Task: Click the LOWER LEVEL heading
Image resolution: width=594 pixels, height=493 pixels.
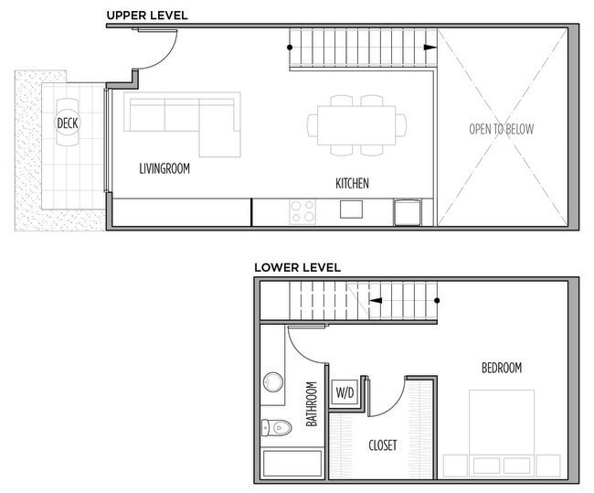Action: tap(297, 268)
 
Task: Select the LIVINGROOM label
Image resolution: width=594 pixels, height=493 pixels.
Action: tap(164, 169)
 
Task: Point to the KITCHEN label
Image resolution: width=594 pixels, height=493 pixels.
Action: tap(352, 184)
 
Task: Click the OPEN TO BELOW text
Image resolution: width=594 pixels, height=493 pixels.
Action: tap(502, 129)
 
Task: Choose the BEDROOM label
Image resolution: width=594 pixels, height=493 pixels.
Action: tap(502, 368)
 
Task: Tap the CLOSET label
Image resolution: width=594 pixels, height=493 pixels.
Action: tap(382, 445)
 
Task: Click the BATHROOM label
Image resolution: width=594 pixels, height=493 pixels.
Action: tap(311, 404)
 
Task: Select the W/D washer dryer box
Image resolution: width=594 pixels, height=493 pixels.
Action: tap(345, 392)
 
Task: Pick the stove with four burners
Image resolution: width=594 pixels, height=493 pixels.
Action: tap(302, 211)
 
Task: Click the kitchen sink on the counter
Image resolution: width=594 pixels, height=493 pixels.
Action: tap(351, 210)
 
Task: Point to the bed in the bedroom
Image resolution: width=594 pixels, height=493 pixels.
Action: tap(501, 430)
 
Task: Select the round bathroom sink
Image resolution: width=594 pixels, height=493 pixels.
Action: tap(272, 381)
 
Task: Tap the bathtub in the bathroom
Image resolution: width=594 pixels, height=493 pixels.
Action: tap(292, 465)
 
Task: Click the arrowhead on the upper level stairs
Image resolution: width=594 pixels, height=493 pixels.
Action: tap(429, 48)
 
